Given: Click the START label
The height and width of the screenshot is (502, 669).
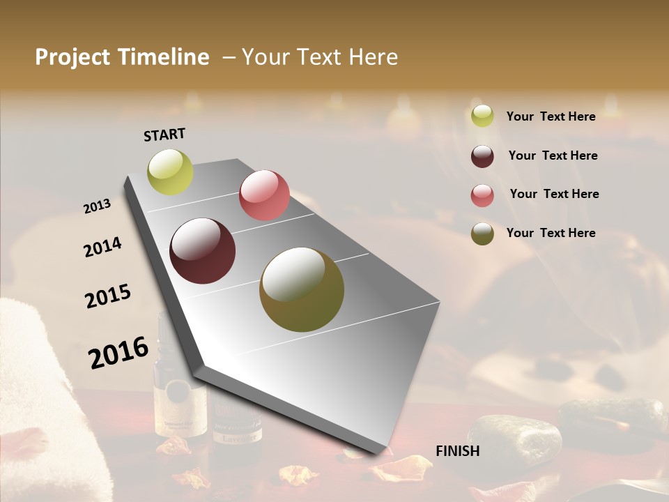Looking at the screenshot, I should tap(164, 134).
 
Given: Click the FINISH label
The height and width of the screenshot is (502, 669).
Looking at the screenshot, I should tap(457, 451).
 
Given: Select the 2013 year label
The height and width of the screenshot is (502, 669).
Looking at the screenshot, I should tap(98, 206).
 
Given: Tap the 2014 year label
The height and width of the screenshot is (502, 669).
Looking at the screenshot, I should tap(102, 248).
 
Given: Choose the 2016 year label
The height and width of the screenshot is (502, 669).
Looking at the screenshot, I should tap(118, 352).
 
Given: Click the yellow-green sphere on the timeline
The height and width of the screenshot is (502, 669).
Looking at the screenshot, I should tap(170, 172).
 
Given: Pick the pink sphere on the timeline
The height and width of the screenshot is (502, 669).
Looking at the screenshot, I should tap(264, 195).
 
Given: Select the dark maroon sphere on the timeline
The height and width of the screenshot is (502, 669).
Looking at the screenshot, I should tap(203, 251).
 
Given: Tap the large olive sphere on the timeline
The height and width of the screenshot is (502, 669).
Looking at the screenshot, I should tap(302, 289).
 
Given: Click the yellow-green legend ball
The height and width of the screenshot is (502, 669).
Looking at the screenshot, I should tap(482, 116).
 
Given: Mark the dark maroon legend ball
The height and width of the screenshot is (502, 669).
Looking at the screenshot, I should tap(482, 156).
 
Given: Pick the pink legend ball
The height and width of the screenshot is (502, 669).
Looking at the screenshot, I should tap(482, 195).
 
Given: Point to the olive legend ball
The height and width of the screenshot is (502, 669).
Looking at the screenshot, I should tap(482, 234).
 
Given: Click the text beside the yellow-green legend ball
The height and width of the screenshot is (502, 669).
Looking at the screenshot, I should tap(551, 116).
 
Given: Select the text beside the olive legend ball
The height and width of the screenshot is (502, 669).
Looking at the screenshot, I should tap(551, 233).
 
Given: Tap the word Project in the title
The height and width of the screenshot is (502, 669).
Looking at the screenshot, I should tap(71, 57).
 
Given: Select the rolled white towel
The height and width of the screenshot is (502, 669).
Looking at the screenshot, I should tap(35, 390).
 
